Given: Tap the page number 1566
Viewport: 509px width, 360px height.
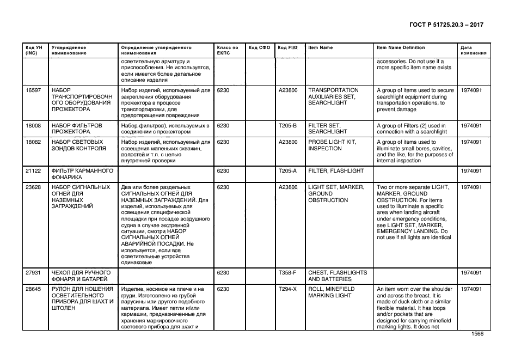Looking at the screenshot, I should pyautogui.click(x=477, y=335).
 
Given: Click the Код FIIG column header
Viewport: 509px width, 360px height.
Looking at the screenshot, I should pyautogui.click(x=287, y=48).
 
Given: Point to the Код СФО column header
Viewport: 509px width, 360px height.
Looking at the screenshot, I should pyautogui.click(x=259, y=48).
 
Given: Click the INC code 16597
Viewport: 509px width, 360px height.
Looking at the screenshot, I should pyautogui.click(x=34, y=90).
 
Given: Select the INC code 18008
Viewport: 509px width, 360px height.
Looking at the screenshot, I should pyautogui.click(x=34, y=126).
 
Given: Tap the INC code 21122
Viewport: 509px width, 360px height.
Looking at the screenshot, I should pyautogui.click(x=34, y=171).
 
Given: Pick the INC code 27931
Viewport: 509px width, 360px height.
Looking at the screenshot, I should pyautogui.click(x=34, y=273).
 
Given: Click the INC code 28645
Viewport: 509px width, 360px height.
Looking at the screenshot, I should pyautogui.click(x=34, y=289).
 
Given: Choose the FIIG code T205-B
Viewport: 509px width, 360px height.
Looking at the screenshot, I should pyautogui.click(x=287, y=126).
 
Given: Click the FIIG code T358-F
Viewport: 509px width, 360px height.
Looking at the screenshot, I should pyautogui.click(x=287, y=273).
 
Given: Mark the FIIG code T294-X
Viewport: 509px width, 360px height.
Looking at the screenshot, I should pyautogui.click(x=287, y=289).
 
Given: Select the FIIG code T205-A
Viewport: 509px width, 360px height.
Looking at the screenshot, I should pyautogui.click(x=287, y=171).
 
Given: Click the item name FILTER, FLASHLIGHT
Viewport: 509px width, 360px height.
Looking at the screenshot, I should pyautogui.click(x=333, y=171).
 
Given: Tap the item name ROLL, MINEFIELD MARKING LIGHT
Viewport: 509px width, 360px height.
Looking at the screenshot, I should pyautogui.click(x=331, y=292).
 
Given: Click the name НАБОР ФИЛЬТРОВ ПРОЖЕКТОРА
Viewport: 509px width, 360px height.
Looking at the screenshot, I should pyautogui.click(x=77, y=129).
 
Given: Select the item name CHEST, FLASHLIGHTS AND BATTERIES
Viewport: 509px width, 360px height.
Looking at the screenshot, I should pyautogui.click(x=338, y=276).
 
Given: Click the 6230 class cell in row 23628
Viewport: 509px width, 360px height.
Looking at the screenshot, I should pyautogui.click(x=223, y=187).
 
